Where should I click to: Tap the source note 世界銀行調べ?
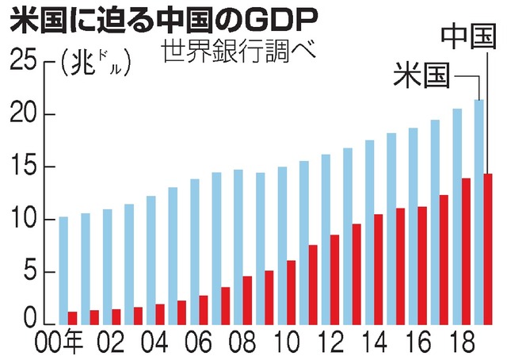click(x=237, y=56)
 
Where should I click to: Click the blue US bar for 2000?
click(x=63, y=270)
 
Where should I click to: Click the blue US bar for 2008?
click(x=238, y=247)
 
